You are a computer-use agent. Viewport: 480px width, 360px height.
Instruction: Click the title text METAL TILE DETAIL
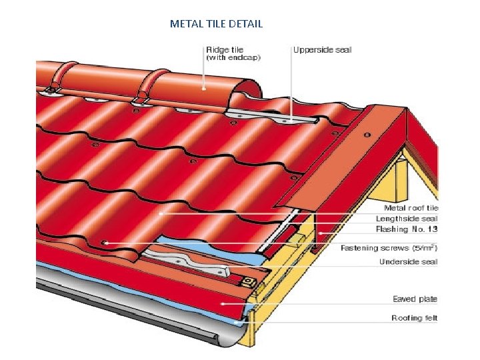[x=216, y=24]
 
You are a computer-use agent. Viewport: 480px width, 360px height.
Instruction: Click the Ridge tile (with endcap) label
[x=233, y=53]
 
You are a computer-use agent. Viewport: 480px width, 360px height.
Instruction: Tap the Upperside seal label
[x=323, y=49]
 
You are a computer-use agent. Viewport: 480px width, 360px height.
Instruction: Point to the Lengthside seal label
[x=407, y=219]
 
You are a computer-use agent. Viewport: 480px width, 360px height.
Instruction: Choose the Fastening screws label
[x=389, y=248]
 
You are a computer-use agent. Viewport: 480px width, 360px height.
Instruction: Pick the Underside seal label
[x=408, y=262]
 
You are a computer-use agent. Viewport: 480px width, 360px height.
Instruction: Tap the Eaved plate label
[x=415, y=299]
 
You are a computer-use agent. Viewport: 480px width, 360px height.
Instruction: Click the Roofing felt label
[x=414, y=318]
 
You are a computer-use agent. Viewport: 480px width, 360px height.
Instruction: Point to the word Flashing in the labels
[x=391, y=229]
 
